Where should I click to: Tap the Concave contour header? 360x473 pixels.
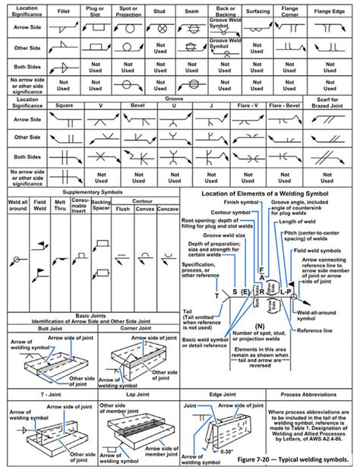(x=169, y=208)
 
